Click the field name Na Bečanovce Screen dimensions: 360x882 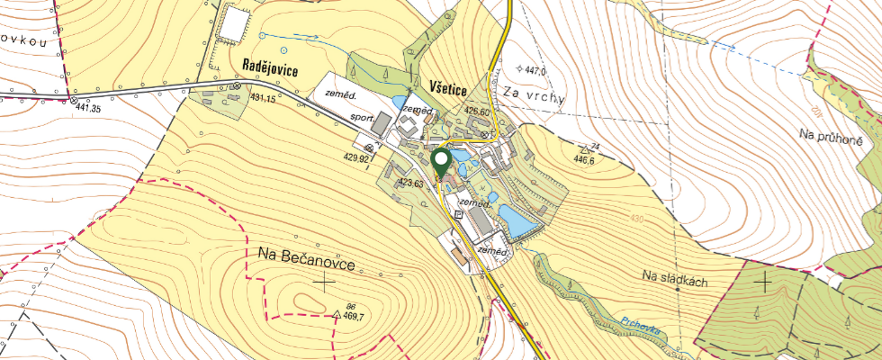coord(306,258)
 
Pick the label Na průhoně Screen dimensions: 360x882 coord(832,134)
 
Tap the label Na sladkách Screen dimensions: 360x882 coord(676,281)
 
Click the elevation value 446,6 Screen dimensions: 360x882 coord(583,160)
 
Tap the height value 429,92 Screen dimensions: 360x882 coord(356,157)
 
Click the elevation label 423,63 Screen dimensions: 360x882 coord(410,183)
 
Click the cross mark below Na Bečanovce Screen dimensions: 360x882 coord(323,283)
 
